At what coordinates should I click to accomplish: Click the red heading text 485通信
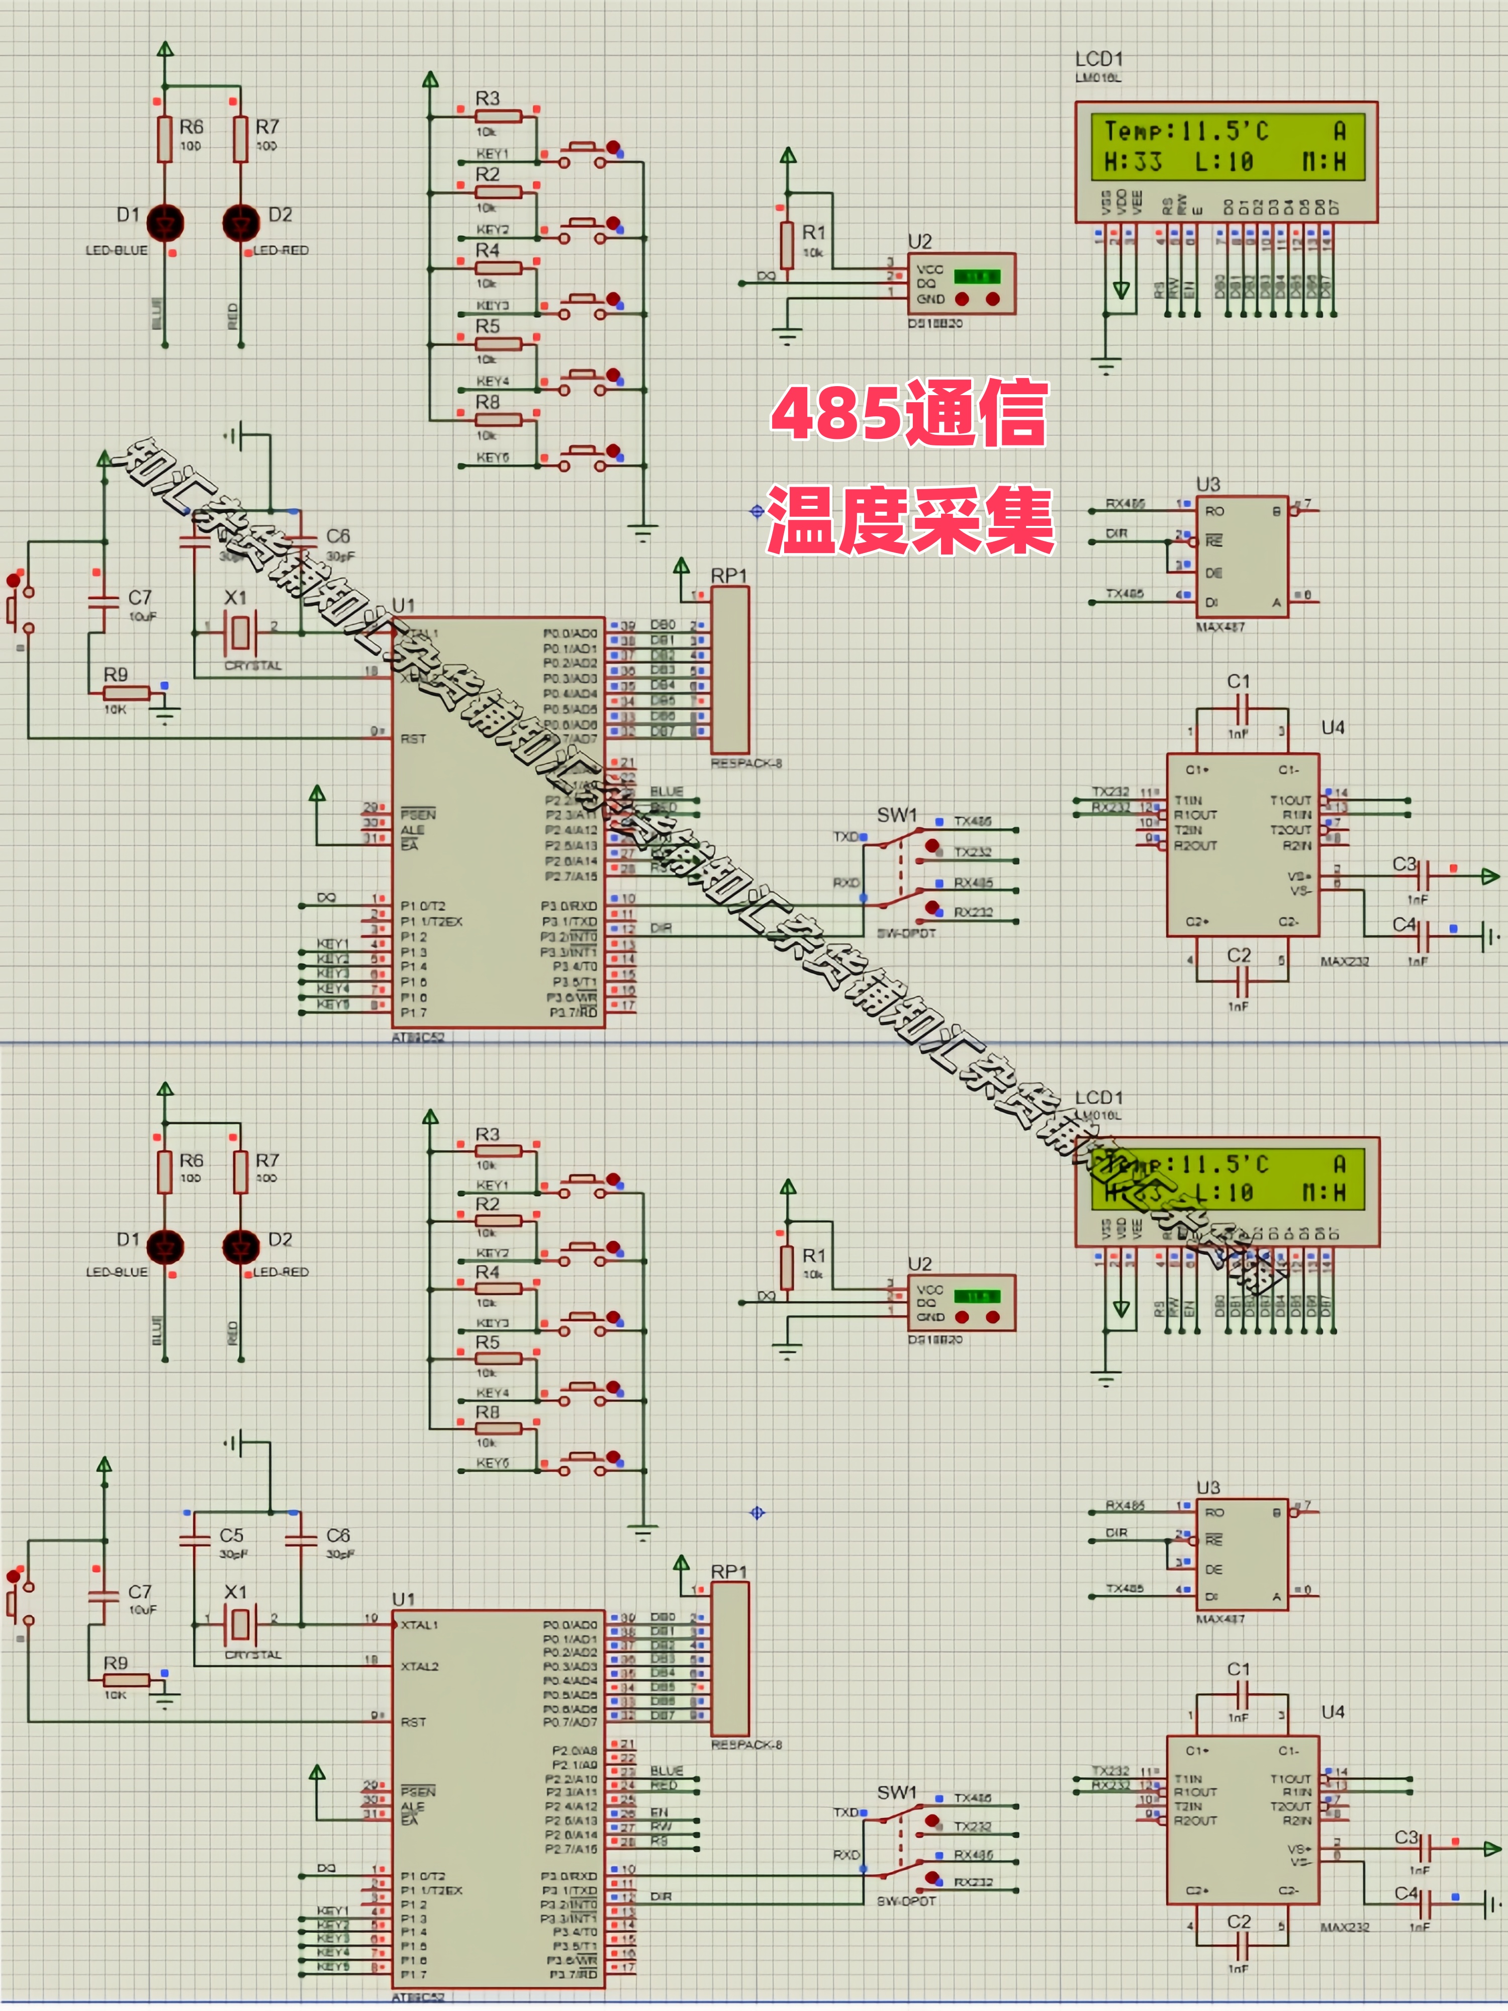tap(909, 414)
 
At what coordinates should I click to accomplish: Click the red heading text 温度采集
tap(909, 520)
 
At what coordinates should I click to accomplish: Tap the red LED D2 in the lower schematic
tap(241, 1246)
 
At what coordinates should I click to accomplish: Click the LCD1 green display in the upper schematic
tap(1226, 145)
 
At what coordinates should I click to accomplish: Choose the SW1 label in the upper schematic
tap(896, 814)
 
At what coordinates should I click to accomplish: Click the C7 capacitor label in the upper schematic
tap(139, 597)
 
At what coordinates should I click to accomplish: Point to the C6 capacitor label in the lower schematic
tap(337, 1534)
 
